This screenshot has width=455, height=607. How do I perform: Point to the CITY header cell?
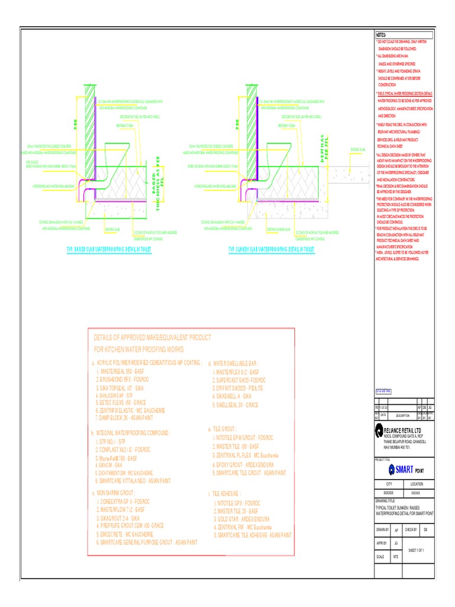(x=389, y=484)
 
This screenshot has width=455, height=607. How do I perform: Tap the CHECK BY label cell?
(x=411, y=529)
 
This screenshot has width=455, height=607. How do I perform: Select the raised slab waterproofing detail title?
(x=108, y=251)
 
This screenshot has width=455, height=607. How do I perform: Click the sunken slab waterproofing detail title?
(x=271, y=251)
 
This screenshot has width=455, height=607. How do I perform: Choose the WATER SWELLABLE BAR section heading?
(x=233, y=363)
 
